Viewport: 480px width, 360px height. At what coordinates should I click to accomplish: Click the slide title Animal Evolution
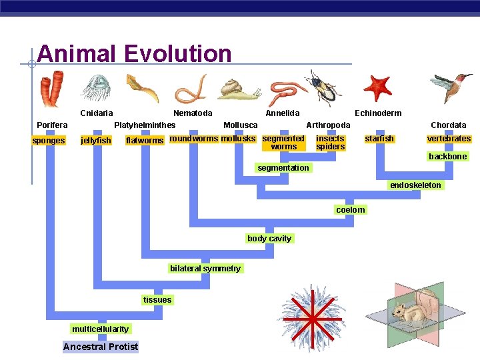[x=135, y=53]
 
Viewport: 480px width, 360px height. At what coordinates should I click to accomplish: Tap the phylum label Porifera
[x=52, y=125]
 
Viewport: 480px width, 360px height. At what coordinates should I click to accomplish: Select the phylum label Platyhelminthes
[x=145, y=125]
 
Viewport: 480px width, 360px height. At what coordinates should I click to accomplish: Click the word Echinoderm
[x=378, y=113]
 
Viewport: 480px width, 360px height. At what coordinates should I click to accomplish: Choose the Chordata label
[x=448, y=125]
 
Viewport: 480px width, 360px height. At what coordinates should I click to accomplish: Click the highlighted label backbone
[x=447, y=157]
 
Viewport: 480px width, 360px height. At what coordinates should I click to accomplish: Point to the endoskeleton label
[x=415, y=185]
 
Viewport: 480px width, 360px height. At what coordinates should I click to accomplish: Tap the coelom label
[x=351, y=210]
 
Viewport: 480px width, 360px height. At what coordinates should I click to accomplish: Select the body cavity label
[x=269, y=239]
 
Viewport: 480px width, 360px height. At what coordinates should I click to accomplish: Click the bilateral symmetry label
[x=205, y=269]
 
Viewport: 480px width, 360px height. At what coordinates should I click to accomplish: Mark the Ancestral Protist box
[x=101, y=347]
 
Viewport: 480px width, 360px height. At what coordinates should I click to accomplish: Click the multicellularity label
[x=101, y=329]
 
